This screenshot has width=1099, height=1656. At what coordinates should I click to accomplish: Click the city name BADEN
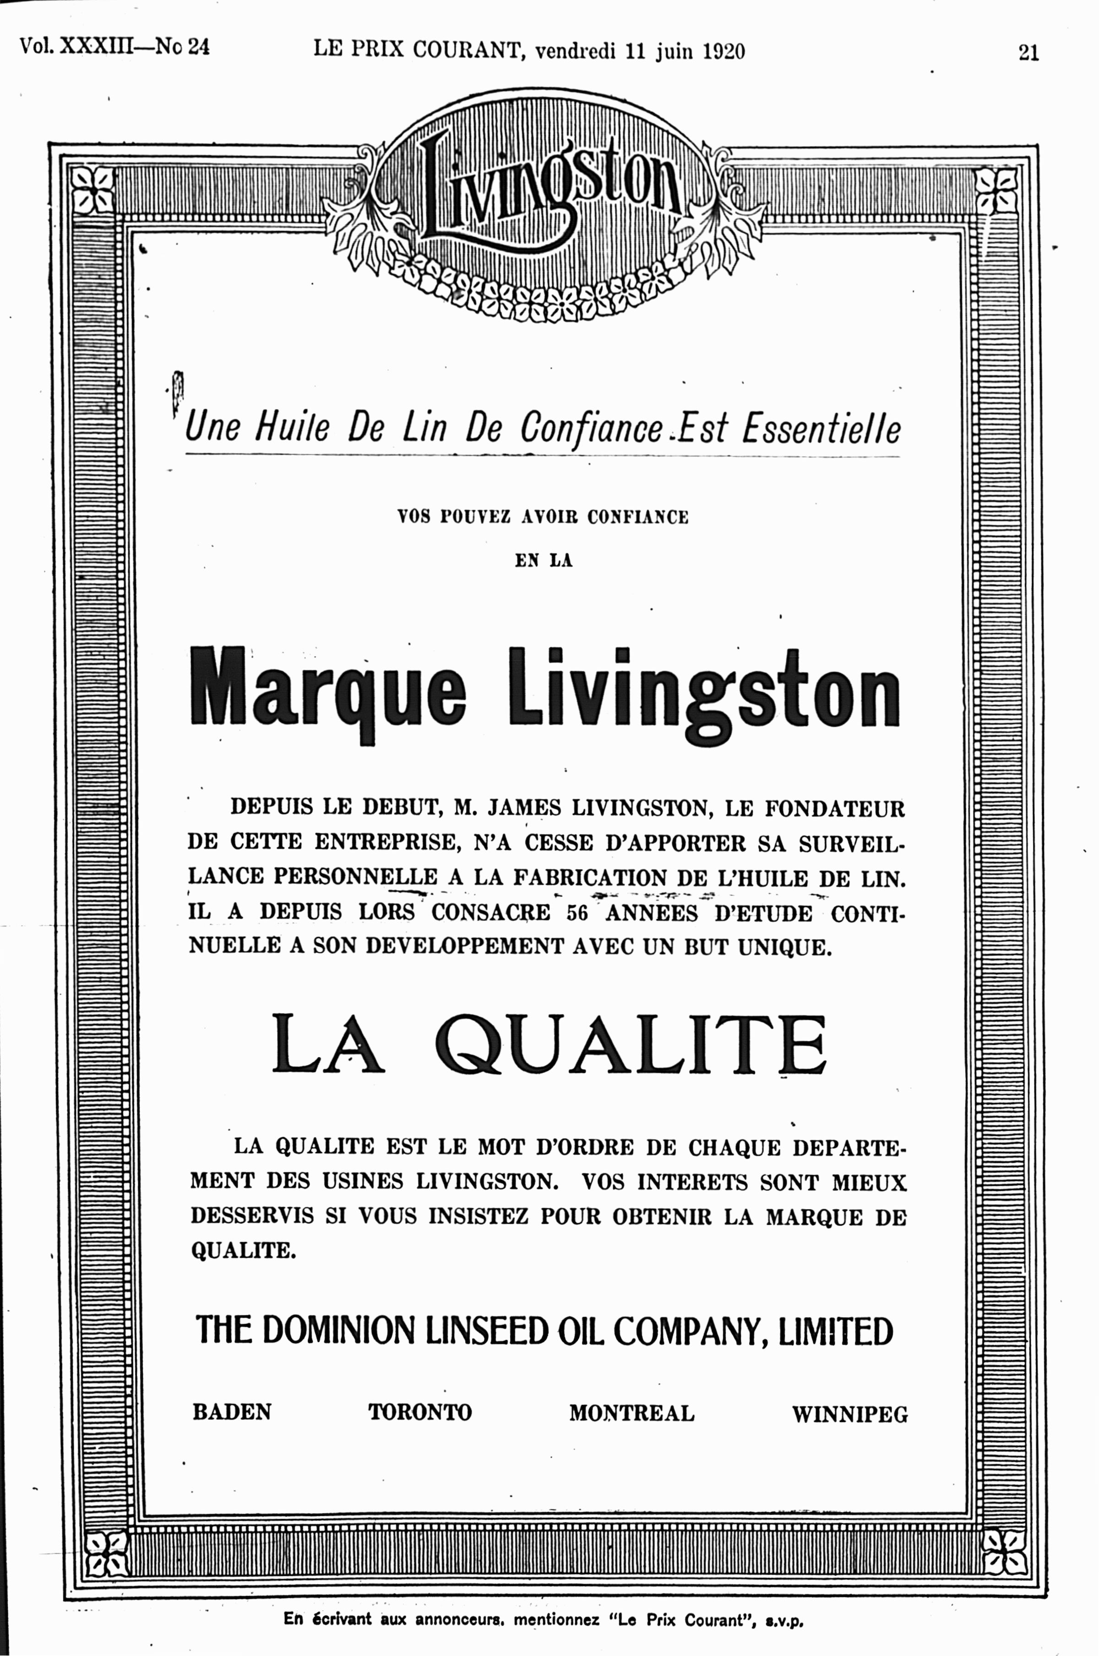click(x=232, y=1412)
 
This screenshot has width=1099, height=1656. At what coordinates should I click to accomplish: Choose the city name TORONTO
click(x=420, y=1412)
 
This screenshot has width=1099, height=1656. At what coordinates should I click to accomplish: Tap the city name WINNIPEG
click(x=849, y=1414)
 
